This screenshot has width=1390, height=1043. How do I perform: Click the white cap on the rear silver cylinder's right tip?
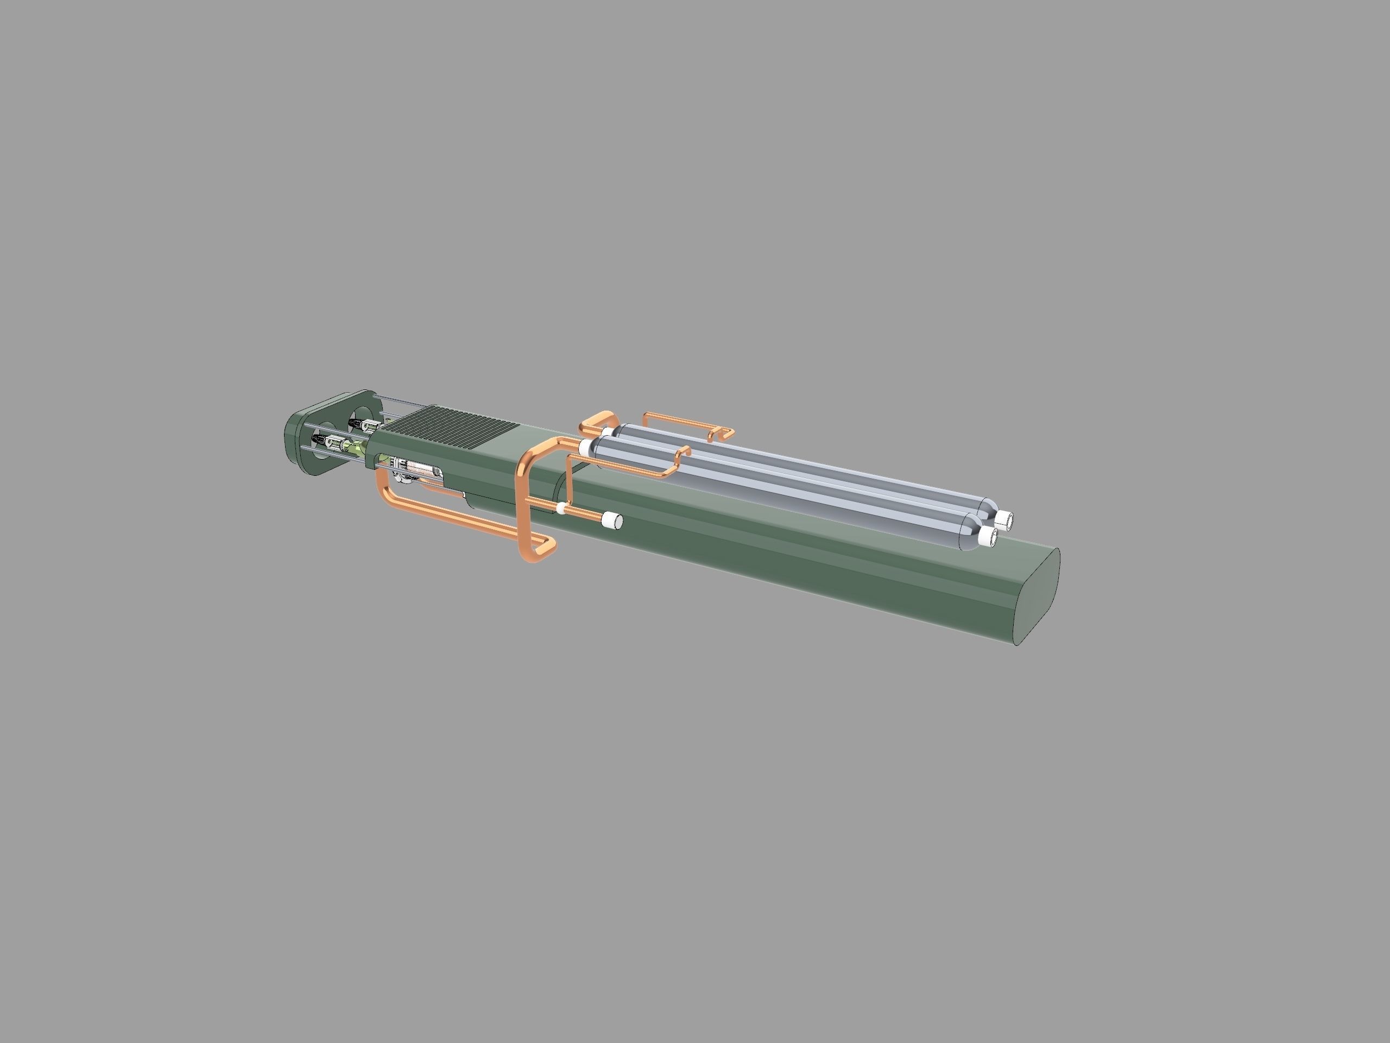point(1004,520)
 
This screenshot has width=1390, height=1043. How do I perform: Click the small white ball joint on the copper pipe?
point(559,507)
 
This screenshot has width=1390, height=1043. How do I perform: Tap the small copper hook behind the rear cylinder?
point(723,431)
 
